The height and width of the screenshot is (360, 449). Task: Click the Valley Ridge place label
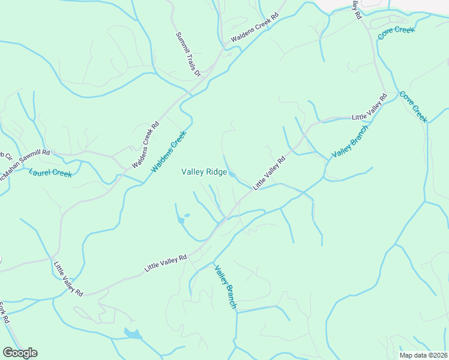[204, 172]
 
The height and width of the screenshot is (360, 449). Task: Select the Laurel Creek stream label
[50, 173]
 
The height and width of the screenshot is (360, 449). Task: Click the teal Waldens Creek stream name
[170, 152]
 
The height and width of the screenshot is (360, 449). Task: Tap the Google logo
[20, 353]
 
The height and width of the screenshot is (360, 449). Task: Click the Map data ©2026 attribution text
[423, 355]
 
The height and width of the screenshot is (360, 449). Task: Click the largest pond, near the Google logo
[133, 333]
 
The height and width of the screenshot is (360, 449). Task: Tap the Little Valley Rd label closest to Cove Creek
[369, 106]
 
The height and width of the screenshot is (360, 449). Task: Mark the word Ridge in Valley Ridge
[217, 172]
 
